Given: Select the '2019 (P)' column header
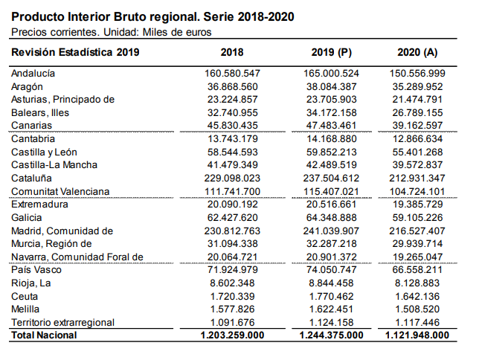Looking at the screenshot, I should point(331,52).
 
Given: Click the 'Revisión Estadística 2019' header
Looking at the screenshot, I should point(75,52).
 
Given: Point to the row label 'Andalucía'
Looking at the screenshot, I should point(33,74).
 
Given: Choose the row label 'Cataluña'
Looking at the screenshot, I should point(30,179).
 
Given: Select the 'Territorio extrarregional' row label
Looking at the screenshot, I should point(62,322).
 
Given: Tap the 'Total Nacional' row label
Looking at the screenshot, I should point(44,335).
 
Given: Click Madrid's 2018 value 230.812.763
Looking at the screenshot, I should point(231,231).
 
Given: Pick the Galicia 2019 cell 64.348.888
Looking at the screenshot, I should point(331,217).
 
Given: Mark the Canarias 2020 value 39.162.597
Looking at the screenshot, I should point(417,126).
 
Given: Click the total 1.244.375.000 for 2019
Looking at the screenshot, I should point(331,335).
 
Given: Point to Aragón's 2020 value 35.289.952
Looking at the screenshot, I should point(417,86).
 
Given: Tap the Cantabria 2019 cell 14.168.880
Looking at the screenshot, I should point(331,139).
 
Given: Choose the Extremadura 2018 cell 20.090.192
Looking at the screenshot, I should point(231,205).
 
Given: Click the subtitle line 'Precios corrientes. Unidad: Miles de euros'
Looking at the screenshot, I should point(112,32).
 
